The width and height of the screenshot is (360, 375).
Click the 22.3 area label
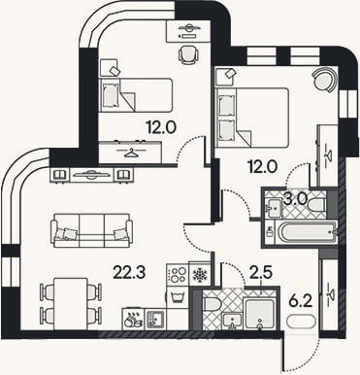click(x=129, y=273)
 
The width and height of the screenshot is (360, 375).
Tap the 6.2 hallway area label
click(x=300, y=302)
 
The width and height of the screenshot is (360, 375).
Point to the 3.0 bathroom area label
click(x=295, y=199)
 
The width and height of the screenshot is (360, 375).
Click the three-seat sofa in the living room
click(x=93, y=230)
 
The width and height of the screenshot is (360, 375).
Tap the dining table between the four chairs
click(x=71, y=303)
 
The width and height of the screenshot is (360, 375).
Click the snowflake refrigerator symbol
click(x=200, y=275)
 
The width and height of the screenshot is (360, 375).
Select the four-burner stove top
click(x=178, y=275)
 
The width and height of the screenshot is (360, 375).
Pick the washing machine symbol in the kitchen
click(x=178, y=297)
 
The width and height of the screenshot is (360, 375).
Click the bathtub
click(x=307, y=232)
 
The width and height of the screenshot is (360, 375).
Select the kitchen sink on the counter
click(x=155, y=319)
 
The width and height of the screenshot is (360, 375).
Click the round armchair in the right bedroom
click(x=324, y=80)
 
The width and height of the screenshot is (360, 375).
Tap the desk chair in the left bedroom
click(x=188, y=53)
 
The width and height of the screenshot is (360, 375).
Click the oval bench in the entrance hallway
click(x=301, y=323)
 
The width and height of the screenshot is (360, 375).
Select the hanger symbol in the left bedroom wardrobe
click(x=131, y=153)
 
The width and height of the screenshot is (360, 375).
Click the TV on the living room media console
click(x=91, y=175)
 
